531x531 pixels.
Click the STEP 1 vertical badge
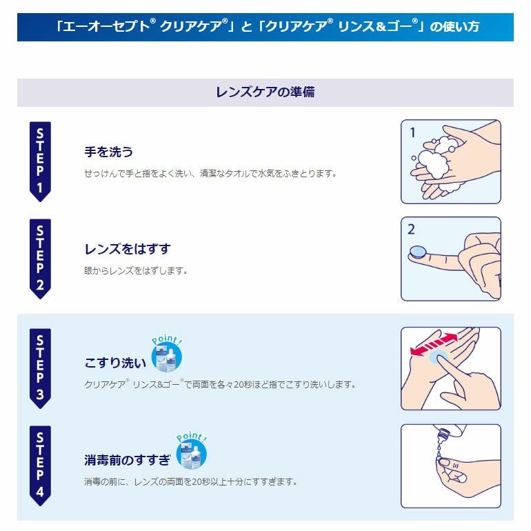point(40,161)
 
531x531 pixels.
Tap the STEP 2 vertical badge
point(40,259)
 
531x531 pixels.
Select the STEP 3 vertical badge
point(40,368)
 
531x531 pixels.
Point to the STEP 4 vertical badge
point(40,465)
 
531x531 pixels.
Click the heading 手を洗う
point(108,152)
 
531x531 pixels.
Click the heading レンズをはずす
point(128,249)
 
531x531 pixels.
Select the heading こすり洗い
point(115,363)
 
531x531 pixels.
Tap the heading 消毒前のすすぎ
point(128,460)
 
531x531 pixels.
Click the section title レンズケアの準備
point(265,92)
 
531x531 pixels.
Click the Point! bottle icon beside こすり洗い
point(166,354)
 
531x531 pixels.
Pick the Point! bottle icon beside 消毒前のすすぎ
point(191,451)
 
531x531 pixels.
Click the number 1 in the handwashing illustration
point(412,132)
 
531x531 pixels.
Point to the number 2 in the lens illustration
point(411,229)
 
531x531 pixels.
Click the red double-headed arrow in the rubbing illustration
point(434,344)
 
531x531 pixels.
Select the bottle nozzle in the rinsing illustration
point(441,437)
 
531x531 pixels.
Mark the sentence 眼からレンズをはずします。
point(136,270)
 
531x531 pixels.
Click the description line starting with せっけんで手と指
point(210,173)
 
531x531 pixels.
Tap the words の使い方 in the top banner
point(454,26)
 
